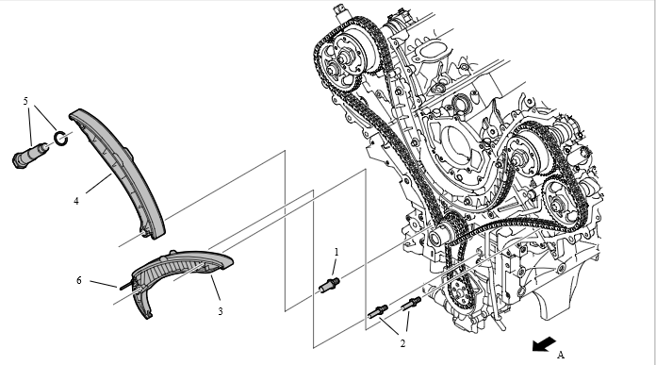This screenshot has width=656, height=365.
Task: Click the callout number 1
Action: tap(336, 252)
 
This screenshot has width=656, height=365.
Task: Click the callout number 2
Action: tap(402, 343)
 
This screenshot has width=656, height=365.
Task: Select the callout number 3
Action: tap(220, 311)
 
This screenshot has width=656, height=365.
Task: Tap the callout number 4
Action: tap(76, 201)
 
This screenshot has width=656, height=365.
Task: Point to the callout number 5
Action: tap(25, 101)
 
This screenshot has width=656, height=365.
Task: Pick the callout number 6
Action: tap(78, 280)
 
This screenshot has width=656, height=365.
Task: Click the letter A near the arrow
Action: tap(561, 355)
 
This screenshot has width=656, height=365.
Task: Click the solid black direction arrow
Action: tap(544, 344)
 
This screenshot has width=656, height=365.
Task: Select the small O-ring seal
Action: tap(61, 139)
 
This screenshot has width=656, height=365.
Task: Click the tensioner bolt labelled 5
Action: tap(30, 155)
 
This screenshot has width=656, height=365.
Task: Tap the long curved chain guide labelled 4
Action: tap(122, 172)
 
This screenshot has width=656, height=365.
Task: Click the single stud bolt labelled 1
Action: tap(329, 285)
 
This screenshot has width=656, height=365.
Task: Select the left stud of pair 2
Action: tap(378, 311)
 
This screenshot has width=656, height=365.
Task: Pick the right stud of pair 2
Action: tap(411, 303)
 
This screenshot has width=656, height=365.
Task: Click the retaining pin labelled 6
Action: tap(126, 287)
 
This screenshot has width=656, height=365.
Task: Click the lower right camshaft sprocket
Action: tap(561, 204)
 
